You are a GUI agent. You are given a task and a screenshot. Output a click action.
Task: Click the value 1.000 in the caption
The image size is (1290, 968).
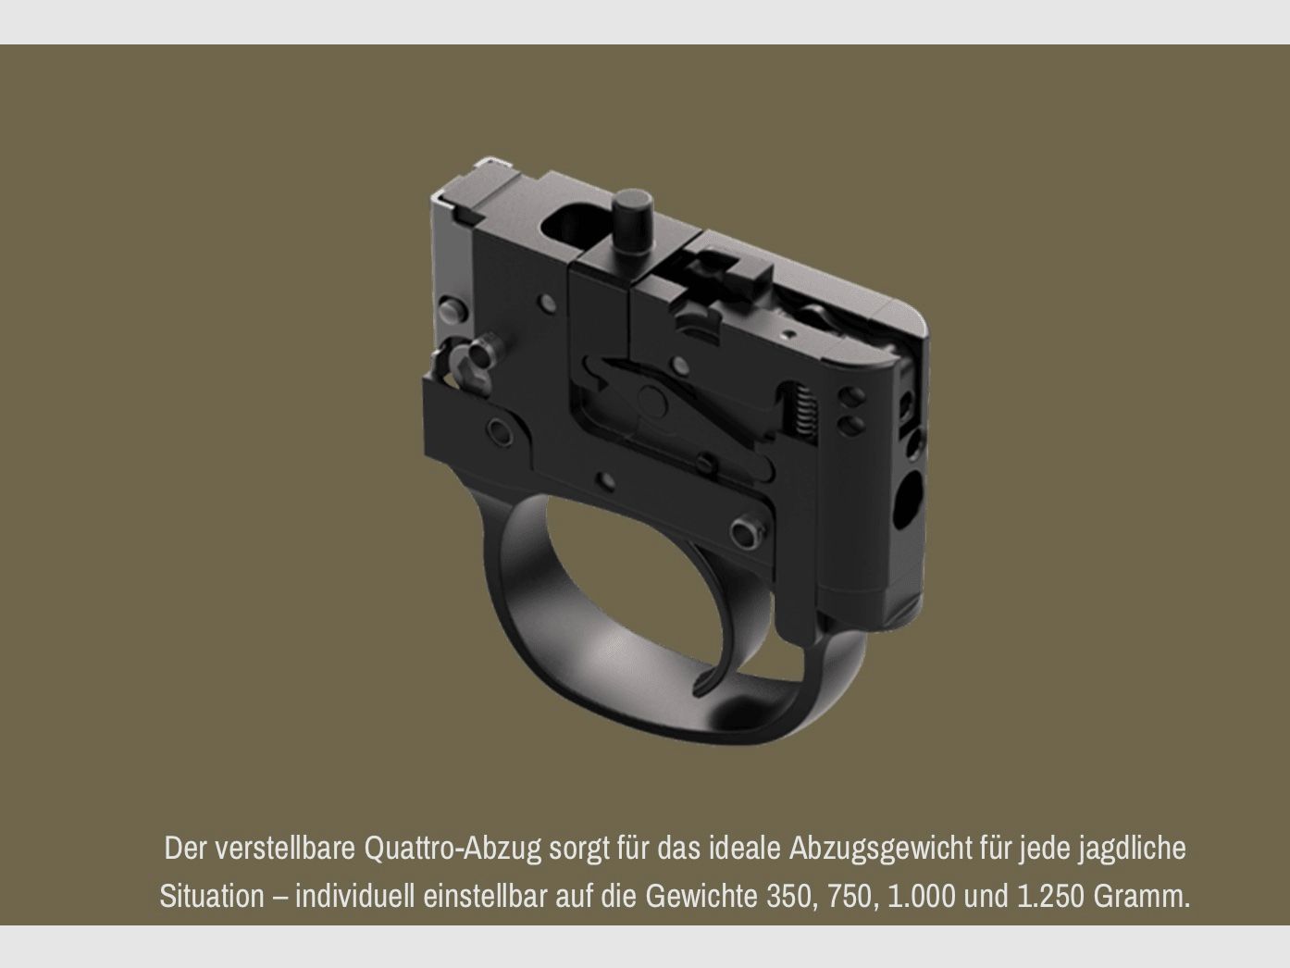click(x=921, y=896)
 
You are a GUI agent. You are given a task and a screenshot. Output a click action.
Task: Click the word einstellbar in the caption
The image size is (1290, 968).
click(x=487, y=896)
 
